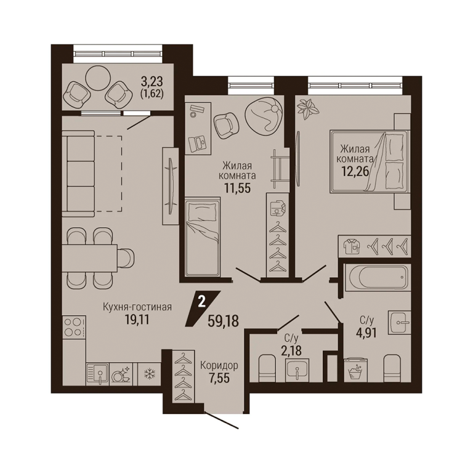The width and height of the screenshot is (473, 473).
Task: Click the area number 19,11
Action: (x=137, y=320)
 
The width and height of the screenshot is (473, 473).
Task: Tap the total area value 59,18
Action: (x=224, y=321)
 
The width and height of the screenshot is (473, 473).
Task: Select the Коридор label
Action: (x=219, y=365)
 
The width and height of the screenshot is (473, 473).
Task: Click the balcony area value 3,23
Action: (x=152, y=81)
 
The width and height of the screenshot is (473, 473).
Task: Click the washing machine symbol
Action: (x=355, y=370)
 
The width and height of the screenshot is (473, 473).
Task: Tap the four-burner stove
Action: (x=74, y=327)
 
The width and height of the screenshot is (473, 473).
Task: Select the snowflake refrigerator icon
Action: (x=149, y=374)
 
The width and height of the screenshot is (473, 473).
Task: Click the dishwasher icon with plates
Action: (x=121, y=374)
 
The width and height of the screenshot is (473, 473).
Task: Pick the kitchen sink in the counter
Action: (x=97, y=374)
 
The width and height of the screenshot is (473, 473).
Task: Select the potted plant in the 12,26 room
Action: (x=308, y=108)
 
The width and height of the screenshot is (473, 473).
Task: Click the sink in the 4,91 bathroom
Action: (x=399, y=322)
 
